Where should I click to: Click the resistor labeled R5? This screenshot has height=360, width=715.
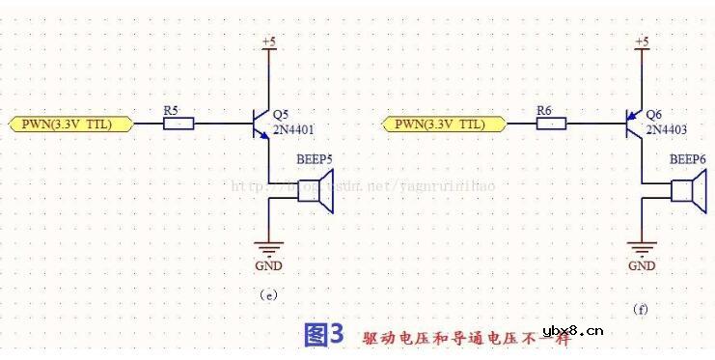179,125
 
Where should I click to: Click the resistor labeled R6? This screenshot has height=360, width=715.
552,125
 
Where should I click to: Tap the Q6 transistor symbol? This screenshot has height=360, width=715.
633,124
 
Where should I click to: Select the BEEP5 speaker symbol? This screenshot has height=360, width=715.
313,191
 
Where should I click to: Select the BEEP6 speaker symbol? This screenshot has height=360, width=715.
686,191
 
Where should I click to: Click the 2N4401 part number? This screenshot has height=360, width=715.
294,128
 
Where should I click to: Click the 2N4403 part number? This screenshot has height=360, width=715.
667,128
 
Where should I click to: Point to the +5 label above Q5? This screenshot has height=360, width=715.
270,42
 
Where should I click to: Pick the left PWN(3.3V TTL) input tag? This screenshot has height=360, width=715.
63,125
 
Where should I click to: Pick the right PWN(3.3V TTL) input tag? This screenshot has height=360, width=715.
436,125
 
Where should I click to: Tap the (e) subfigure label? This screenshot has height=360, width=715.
268,294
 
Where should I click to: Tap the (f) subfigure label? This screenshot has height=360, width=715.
641,310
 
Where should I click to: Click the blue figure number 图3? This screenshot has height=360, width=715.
323,335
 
